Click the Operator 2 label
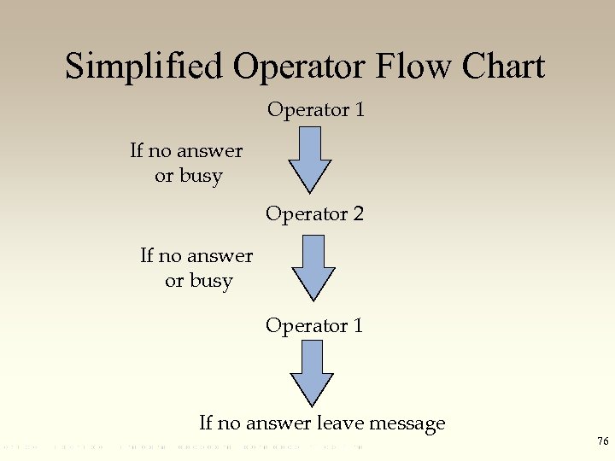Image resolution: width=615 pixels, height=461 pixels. [314, 213]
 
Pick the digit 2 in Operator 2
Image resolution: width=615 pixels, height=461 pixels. [358, 213]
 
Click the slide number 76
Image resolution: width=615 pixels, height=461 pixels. [603, 441]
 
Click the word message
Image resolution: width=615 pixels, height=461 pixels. [406, 423]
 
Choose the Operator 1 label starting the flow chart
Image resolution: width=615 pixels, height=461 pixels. [315, 110]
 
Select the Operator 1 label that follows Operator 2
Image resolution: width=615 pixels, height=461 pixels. [314, 325]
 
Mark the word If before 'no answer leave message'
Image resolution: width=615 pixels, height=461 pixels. [206, 423]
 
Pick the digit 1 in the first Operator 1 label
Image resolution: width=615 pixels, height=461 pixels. [359, 110]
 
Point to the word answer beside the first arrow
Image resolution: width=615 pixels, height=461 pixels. [209, 152]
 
